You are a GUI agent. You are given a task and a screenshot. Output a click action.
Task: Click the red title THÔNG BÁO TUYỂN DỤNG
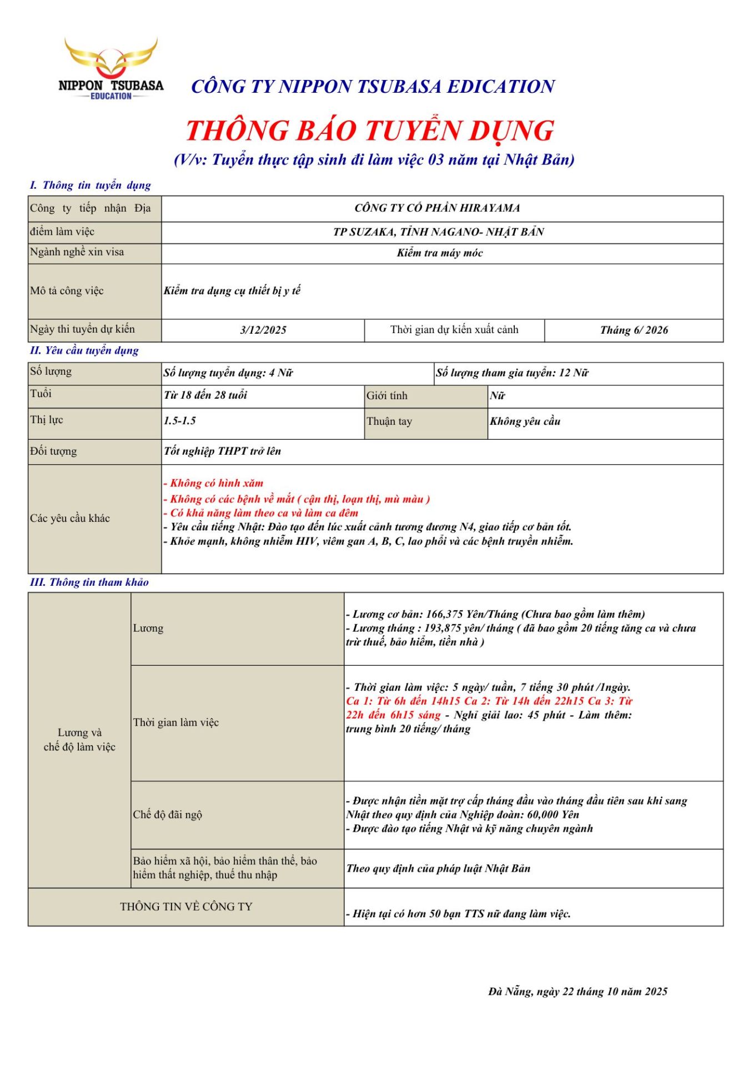click(370, 130)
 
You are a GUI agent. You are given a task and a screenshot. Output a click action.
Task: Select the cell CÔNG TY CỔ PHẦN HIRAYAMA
click(437, 208)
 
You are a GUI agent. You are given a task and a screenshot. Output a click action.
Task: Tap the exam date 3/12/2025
click(263, 330)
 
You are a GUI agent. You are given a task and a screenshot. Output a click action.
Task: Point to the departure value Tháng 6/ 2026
click(634, 330)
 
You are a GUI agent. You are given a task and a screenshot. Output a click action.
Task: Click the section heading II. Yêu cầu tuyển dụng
click(84, 350)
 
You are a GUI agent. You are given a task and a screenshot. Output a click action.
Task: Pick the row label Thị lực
click(47, 420)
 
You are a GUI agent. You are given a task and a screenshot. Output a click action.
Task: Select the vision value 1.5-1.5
click(180, 421)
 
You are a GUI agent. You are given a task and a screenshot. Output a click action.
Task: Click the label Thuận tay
click(389, 421)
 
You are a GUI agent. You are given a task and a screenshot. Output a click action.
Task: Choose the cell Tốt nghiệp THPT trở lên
click(222, 451)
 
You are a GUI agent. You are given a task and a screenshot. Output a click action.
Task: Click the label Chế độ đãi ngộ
click(167, 814)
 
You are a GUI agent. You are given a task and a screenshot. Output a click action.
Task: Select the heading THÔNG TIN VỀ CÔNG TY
click(186, 907)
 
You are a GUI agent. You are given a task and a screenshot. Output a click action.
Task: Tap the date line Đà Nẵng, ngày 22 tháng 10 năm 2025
click(578, 992)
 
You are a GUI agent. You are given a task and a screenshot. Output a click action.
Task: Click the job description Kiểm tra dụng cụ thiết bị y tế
click(232, 290)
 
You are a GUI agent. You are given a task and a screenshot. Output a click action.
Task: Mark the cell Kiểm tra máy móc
click(440, 253)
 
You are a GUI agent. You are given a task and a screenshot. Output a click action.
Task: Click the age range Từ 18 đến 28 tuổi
click(205, 395)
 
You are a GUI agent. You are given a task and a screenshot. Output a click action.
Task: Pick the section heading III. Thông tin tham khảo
click(89, 582)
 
